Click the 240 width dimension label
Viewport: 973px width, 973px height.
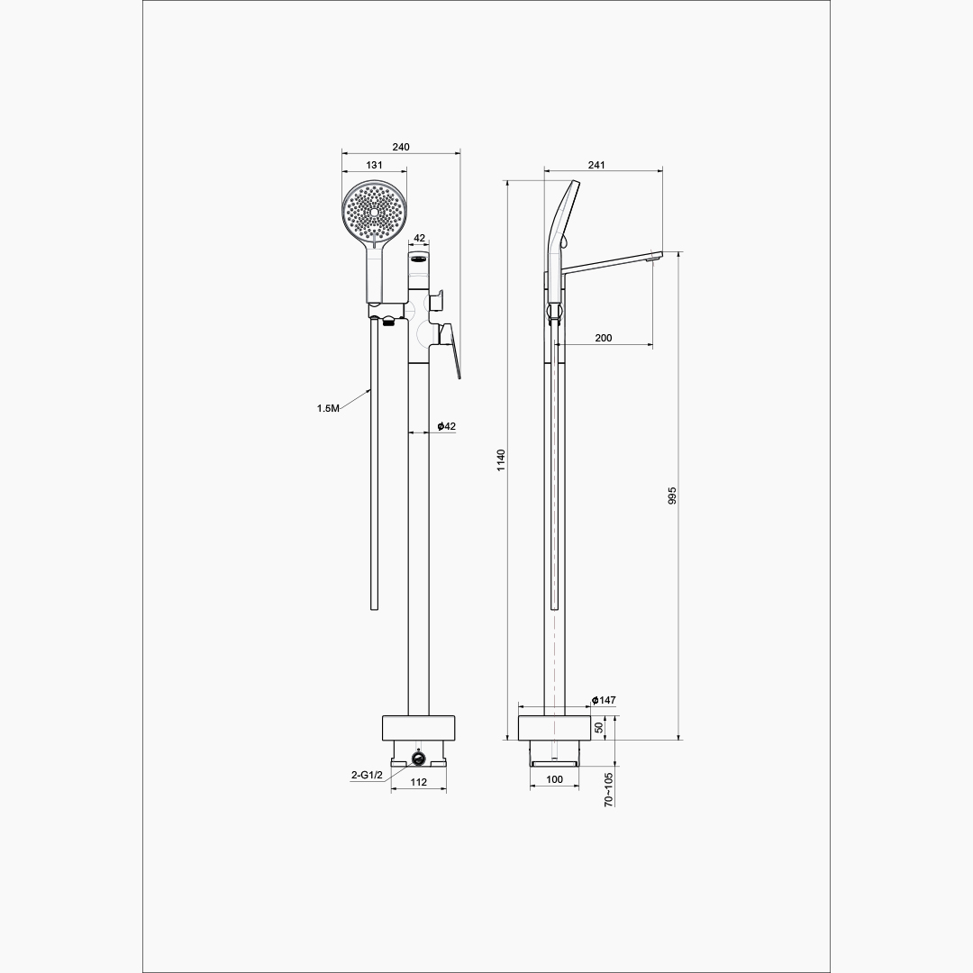(401, 147)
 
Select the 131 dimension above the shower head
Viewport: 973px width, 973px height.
(374, 165)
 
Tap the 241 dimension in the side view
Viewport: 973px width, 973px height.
(596, 165)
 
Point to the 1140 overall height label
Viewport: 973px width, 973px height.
(502, 459)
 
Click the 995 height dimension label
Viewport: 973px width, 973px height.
(672, 496)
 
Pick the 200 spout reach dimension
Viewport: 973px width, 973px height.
(603, 338)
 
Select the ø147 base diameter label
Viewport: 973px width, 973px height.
(604, 701)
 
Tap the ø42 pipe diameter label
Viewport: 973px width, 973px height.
(446, 426)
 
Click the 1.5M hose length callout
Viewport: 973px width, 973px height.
(328, 408)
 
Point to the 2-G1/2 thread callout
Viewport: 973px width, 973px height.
(368, 775)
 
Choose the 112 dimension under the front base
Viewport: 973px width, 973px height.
(419, 783)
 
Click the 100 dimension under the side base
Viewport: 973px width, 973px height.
(555, 780)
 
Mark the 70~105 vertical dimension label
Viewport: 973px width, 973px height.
(609, 789)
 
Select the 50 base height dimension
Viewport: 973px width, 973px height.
(599, 727)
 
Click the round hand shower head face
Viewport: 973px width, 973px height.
(374, 212)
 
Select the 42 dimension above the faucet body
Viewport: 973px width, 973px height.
(420, 238)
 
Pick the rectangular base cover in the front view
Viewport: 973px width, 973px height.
(419, 728)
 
